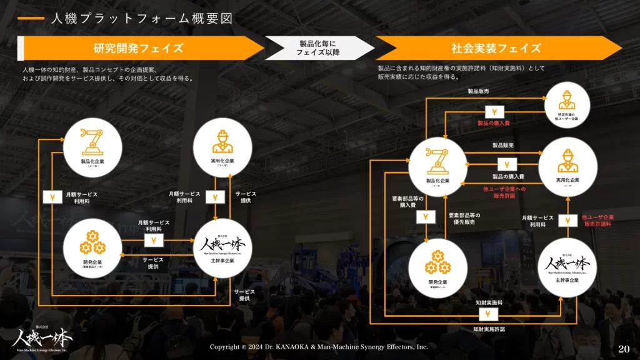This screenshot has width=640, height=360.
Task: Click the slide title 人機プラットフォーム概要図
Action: point(142,19)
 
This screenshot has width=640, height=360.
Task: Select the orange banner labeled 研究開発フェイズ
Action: point(139,48)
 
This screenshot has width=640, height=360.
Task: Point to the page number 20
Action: point(623,348)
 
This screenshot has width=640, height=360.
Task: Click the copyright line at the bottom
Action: point(319,346)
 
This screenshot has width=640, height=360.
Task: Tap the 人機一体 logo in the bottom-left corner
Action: point(42,337)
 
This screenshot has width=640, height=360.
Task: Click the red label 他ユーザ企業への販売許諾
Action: point(504,192)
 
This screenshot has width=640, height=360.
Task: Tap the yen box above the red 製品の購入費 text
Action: point(494,112)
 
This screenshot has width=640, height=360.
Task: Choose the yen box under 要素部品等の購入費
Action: point(426,217)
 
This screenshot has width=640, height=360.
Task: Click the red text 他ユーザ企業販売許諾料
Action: point(598,220)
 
